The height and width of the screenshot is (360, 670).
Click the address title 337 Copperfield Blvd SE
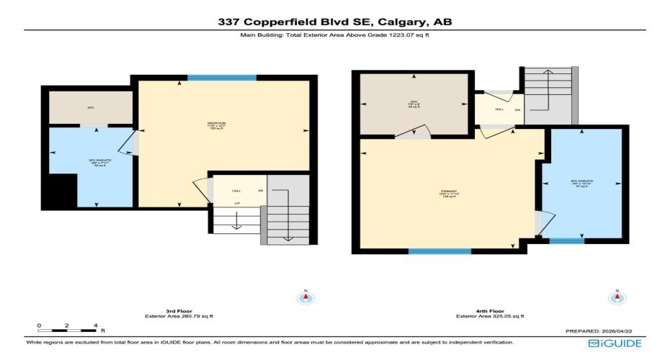[x=335, y=22]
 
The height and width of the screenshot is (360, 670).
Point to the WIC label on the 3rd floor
[x=91, y=108]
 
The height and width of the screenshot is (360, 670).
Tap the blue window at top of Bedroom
[x=221, y=78]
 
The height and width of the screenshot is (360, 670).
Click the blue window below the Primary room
[x=439, y=251]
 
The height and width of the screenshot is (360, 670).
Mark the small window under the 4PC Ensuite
[x=567, y=240]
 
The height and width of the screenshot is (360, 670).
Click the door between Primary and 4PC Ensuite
[x=541, y=222]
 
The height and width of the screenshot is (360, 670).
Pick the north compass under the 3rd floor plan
[x=305, y=297]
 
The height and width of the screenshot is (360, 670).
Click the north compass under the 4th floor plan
[x=617, y=297]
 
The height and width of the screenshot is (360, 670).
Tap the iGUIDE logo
[x=615, y=343]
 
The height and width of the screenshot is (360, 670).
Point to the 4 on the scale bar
[x=94, y=326]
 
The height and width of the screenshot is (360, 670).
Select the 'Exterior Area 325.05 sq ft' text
[x=491, y=316]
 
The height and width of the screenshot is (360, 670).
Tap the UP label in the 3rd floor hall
[x=236, y=204]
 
